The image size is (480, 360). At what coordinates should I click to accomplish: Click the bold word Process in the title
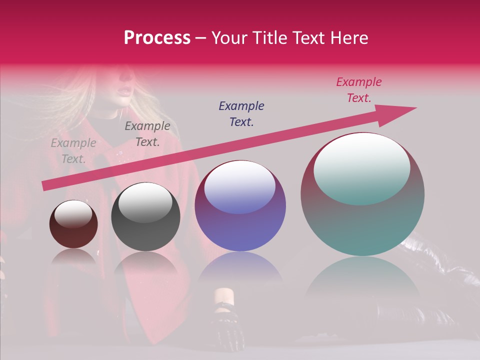point(157,37)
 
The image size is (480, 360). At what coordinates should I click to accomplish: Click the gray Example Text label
point(73,151)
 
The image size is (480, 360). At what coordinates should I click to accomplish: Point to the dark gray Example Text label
point(147,134)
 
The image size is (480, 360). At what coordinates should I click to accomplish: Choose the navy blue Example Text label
point(241,113)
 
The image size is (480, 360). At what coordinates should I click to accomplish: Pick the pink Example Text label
point(358,90)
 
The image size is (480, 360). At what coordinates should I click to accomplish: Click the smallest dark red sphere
point(73,230)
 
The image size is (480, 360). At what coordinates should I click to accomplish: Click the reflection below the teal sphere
point(362,280)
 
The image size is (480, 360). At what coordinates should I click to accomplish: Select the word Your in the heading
point(228,38)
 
